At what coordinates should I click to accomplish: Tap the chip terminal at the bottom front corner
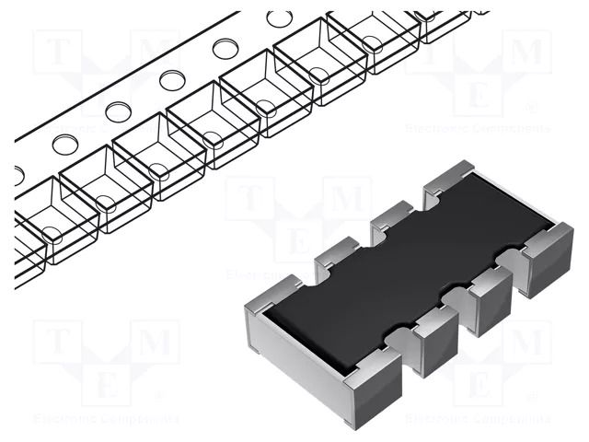pyautogui.click(x=373, y=387)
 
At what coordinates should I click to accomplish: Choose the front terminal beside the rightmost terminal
pyautogui.click(x=483, y=299)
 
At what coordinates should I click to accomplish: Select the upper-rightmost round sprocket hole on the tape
pyautogui.click(x=279, y=18)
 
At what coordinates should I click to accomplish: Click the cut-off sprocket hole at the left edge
pyautogui.click(x=18, y=175)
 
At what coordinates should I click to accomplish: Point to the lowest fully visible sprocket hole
pyautogui.click(x=64, y=144)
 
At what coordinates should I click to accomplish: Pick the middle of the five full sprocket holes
pyautogui.click(x=171, y=80)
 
